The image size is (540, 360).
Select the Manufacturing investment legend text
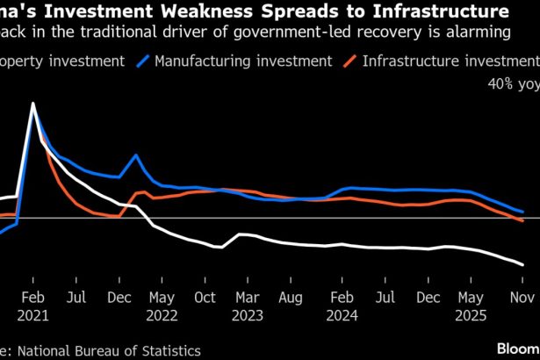tap(243, 61)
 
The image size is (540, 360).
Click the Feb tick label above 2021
tap(32, 297)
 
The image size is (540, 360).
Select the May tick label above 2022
tap(161, 297)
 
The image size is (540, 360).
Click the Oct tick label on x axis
tap(204, 297)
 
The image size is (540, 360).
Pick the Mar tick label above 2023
tap(247, 297)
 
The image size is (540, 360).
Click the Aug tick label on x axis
tap(290, 297)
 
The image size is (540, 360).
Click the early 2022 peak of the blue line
tap(136, 155)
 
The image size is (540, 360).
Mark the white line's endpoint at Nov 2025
tap(523, 264)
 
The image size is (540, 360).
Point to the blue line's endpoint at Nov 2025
tap(523, 212)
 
